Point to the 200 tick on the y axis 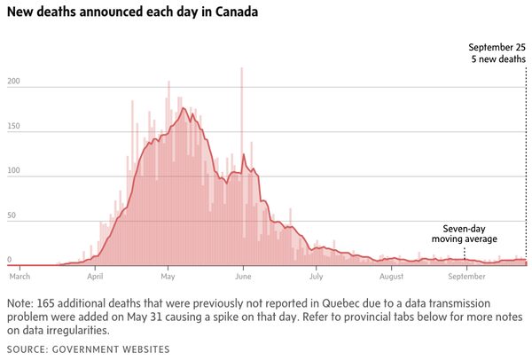point(12,82)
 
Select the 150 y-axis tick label point(12,127)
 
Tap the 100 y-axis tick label point(12,172)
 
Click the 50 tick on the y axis point(11,216)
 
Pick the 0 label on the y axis point(9,260)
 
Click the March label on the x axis point(19,277)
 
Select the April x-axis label point(95,277)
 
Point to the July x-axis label point(317,277)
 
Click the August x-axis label point(391,277)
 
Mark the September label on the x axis point(466,277)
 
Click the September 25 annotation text point(496,47)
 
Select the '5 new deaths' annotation point(498,59)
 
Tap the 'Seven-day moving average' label point(465,233)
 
